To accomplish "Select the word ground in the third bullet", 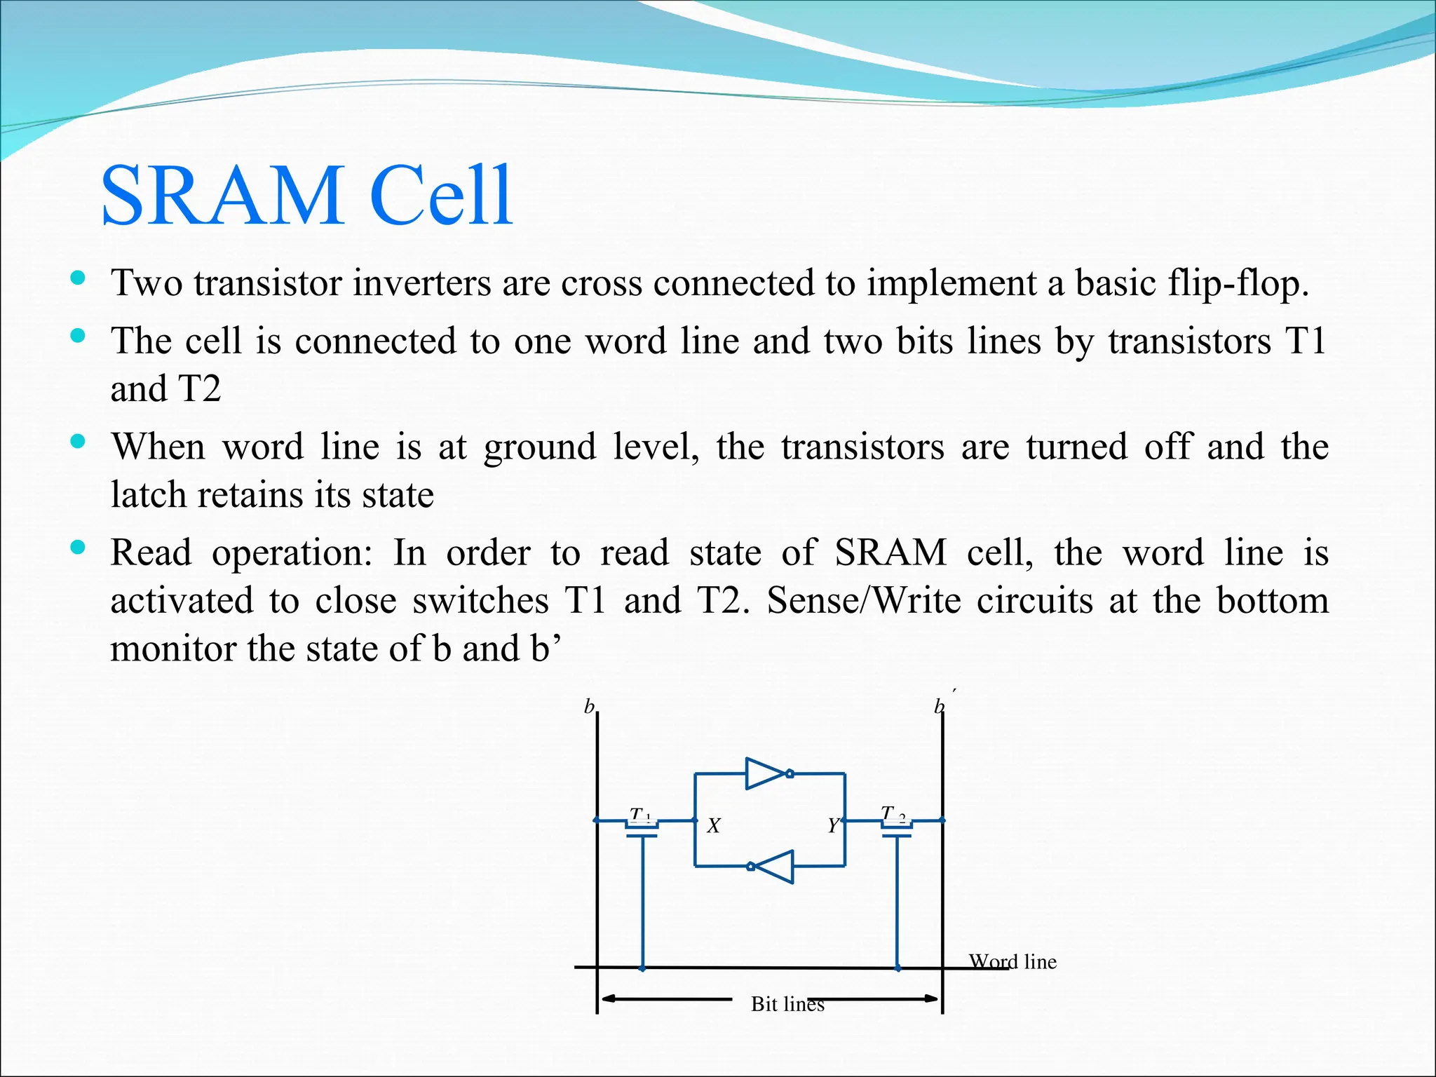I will (540, 447).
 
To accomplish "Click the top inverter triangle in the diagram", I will (766, 773).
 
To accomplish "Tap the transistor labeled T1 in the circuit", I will (642, 828).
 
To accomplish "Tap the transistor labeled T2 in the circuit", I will (897, 828).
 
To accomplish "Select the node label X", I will (714, 827).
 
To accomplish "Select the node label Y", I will (832, 827).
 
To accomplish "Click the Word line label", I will (1012, 962).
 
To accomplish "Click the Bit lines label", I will (787, 1004).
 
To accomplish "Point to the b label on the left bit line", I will (590, 707).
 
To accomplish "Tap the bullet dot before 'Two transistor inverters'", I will (78, 278).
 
